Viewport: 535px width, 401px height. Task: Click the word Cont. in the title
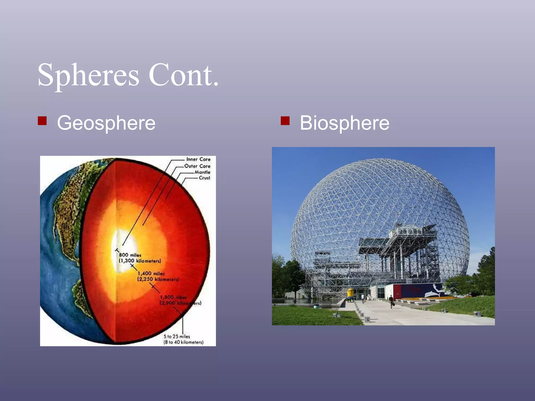click(183, 76)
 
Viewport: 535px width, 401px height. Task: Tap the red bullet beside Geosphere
click(42, 121)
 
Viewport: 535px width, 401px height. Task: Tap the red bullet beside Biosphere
click(285, 121)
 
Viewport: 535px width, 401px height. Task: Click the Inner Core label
click(198, 159)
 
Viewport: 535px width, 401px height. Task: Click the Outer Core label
click(197, 166)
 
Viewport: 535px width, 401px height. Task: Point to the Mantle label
click(202, 172)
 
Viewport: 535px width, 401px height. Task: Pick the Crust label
click(204, 178)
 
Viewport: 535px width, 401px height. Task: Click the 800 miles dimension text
click(130, 255)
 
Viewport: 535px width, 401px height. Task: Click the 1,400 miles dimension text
click(151, 274)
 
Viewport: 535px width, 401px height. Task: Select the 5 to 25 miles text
click(177, 337)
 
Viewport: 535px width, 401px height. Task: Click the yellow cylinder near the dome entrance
click(350, 294)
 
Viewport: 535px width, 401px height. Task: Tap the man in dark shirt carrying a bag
click(391, 302)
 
